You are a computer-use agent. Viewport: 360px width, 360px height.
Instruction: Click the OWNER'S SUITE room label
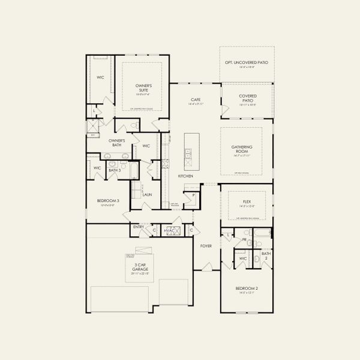[143, 88]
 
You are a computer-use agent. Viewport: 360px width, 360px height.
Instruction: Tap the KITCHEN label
[185, 176]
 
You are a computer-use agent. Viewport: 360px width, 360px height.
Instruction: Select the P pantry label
[194, 196]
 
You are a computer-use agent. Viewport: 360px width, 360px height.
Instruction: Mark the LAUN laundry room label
[147, 195]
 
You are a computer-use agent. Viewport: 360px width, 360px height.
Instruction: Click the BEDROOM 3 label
[108, 201]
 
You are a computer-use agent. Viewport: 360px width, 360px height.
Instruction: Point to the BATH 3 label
[115, 170]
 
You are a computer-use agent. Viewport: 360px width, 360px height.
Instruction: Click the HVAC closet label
[170, 230]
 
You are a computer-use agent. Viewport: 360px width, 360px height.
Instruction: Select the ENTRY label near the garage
[139, 227]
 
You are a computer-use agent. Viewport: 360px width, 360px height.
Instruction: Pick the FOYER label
[206, 245]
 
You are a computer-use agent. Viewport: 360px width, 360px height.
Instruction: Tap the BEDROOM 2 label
[247, 290]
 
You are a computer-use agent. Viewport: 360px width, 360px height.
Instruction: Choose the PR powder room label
[244, 240]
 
